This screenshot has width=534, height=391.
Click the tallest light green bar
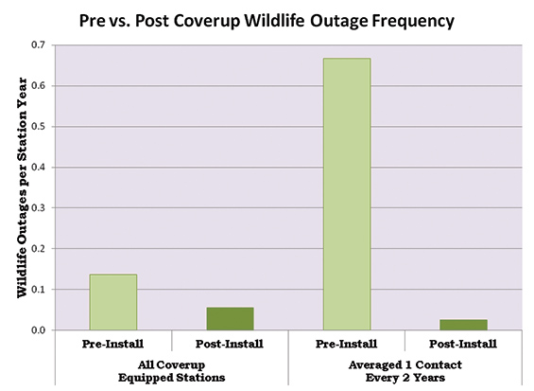[x=347, y=194]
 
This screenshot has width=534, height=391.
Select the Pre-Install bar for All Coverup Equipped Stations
[x=113, y=302]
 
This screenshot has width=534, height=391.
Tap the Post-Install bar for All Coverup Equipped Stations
[x=231, y=319]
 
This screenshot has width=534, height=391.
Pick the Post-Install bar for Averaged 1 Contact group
[x=463, y=325]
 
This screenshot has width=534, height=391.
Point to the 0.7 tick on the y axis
[x=39, y=45]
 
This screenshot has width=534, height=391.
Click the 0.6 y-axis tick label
[x=39, y=85]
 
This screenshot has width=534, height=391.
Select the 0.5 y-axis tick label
[x=39, y=127]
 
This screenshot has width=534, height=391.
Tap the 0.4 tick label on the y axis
[x=39, y=168]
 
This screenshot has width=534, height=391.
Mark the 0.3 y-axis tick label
[x=39, y=207]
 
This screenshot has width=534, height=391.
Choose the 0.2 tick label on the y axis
[x=39, y=249]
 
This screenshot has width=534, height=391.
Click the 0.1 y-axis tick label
[x=39, y=290]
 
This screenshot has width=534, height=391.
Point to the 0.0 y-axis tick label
[x=39, y=329]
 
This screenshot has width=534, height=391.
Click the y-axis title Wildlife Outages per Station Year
[x=22, y=187]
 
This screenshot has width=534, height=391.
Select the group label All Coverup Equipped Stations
[x=172, y=371]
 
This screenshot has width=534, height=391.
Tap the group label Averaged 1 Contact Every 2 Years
[x=405, y=371]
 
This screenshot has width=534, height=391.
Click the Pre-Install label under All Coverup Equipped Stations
[x=112, y=344]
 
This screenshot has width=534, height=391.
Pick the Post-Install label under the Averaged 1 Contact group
[x=463, y=344]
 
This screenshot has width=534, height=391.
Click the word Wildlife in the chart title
[x=274, y=21]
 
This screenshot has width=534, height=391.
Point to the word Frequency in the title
[x=413, y=22]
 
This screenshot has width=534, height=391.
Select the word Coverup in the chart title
[x=207, y=22]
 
